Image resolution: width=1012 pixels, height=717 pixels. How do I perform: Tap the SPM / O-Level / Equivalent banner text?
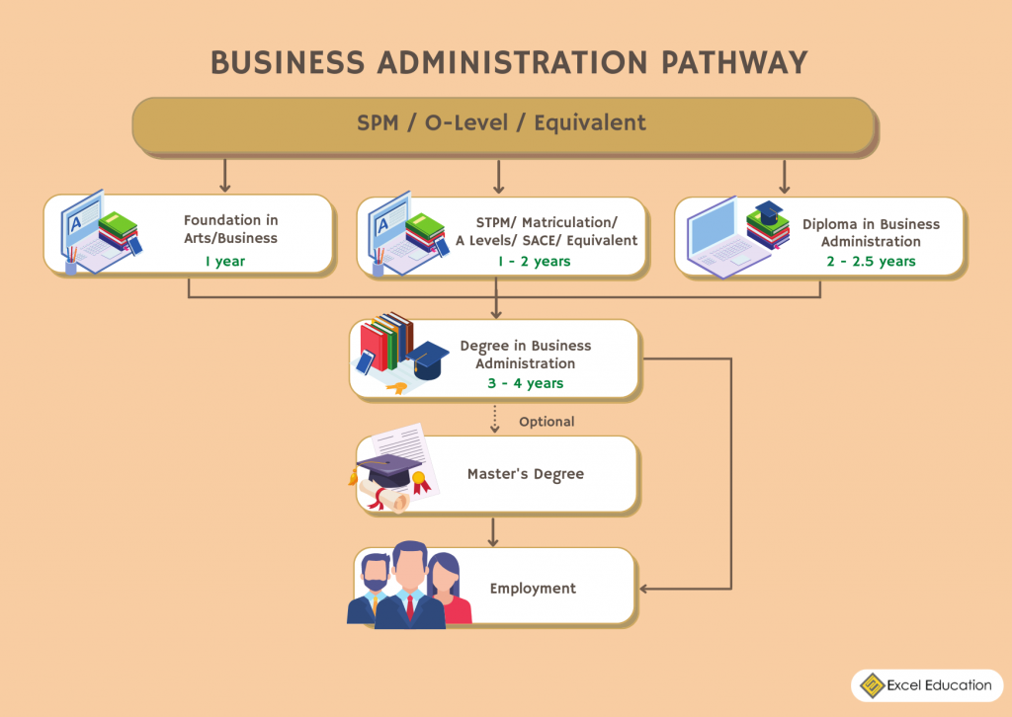tap(501, 123)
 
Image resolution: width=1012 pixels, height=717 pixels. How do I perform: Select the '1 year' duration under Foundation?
tap(224, 262)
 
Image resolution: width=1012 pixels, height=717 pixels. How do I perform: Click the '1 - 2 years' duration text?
tap(535, 262)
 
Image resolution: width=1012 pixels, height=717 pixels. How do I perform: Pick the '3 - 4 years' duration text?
tap(525, 383)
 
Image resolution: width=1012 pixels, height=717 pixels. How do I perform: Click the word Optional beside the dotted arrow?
tap(547, 422)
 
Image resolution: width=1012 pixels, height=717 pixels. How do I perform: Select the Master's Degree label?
tap(525, 474)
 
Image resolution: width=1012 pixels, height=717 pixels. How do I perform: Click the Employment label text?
tap(533, 589)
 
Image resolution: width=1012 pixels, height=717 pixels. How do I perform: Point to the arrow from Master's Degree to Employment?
tap(493, 531)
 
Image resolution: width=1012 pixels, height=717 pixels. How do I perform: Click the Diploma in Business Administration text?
tap(870, 233)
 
